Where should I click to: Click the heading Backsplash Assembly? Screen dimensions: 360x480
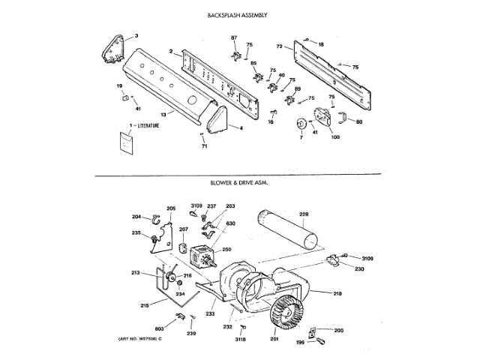click(239, 15)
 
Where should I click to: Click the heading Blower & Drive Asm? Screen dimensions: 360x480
click(240, 182)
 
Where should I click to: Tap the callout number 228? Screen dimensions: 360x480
click(304, 214)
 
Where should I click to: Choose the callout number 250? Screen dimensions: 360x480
click(226, 249)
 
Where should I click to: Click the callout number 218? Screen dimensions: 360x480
click(337, 292)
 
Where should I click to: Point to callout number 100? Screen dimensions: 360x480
click(335, 136)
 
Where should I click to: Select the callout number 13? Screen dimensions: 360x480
click(162, 115)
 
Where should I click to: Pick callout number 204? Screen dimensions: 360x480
click(136, 217)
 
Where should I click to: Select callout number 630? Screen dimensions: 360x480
click(230, 223)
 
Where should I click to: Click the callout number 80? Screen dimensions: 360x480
click(359, 121)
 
